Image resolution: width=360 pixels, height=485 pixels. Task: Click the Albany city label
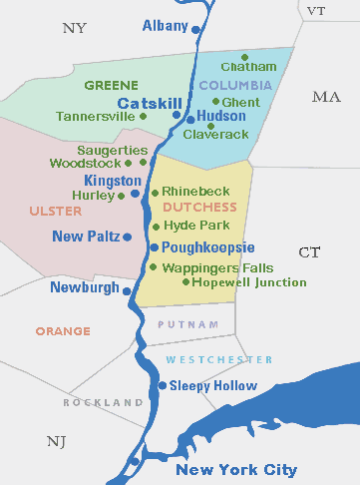165,25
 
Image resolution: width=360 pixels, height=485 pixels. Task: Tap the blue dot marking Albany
195,30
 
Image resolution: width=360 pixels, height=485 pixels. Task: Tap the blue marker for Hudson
188,118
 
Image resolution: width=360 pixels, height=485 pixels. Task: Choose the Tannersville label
95,117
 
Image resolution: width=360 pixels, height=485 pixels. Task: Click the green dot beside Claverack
211,126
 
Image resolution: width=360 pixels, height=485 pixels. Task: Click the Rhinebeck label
195,190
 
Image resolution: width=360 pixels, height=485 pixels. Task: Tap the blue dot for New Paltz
128,237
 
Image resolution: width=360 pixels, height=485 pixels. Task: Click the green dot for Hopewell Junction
186,281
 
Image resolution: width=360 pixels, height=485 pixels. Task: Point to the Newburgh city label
83,287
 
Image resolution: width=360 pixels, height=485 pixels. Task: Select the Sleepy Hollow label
212,385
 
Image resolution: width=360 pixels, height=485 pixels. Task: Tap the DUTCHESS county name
199,208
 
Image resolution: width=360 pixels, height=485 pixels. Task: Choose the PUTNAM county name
180,325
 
